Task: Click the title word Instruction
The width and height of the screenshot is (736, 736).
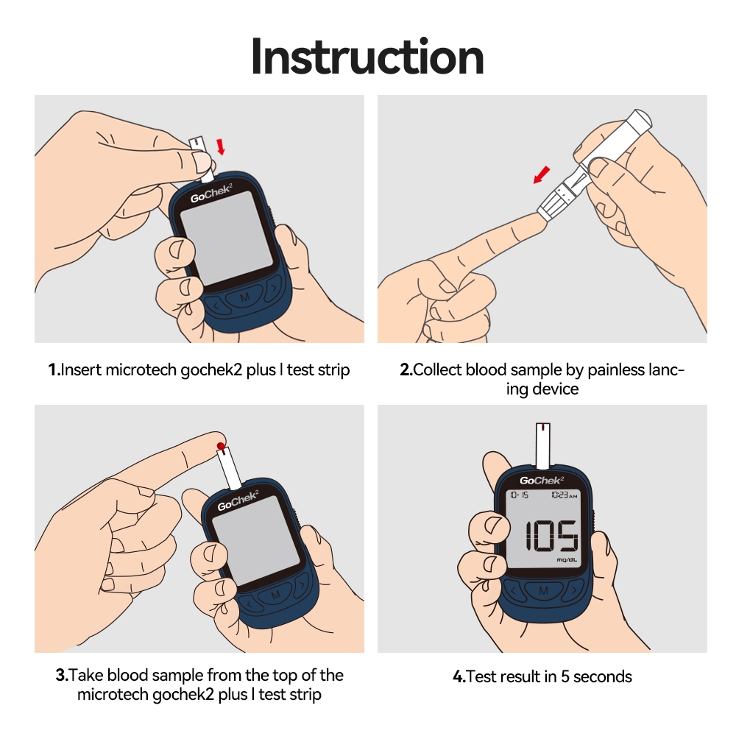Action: click(367, 57)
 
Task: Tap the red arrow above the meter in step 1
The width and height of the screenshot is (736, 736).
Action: click(220, 146)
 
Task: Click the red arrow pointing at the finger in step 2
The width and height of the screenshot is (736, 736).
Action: click(542, 174)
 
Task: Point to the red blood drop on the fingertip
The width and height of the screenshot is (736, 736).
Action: click(221, 446)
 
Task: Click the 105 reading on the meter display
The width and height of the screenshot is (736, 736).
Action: click(551, 535)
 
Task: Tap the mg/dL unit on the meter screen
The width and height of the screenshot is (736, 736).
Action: click(567, 559)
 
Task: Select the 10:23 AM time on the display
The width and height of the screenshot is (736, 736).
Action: click(565, 495)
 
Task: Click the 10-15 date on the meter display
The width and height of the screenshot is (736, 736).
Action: click(519, 495)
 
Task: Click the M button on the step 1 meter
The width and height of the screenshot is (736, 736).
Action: click(244, 297)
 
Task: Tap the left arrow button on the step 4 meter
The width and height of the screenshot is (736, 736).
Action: click(513, 590)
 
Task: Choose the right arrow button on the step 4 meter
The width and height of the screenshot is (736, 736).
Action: click(573, 590)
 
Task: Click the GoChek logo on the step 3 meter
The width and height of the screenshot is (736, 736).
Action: click(238, 500)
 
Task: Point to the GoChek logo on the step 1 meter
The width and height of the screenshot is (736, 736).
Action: click(211, 193)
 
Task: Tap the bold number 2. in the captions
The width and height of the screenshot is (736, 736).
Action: click(406, 370)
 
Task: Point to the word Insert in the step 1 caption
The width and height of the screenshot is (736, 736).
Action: click(81, 370)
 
